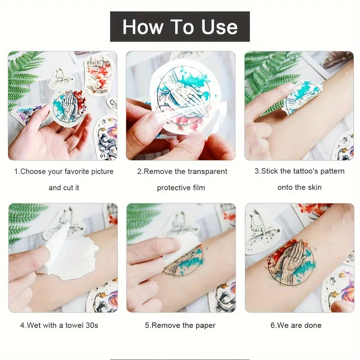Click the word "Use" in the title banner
pyautogui.click(x=219, y=27)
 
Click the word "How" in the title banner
pyautogui.click(x=142, y=27)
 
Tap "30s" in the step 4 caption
pyautogui.click(x=92, y=325)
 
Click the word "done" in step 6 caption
pyautogui.click(x=312, y=325)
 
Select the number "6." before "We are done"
pyautogui.click(x=273, y=325)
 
